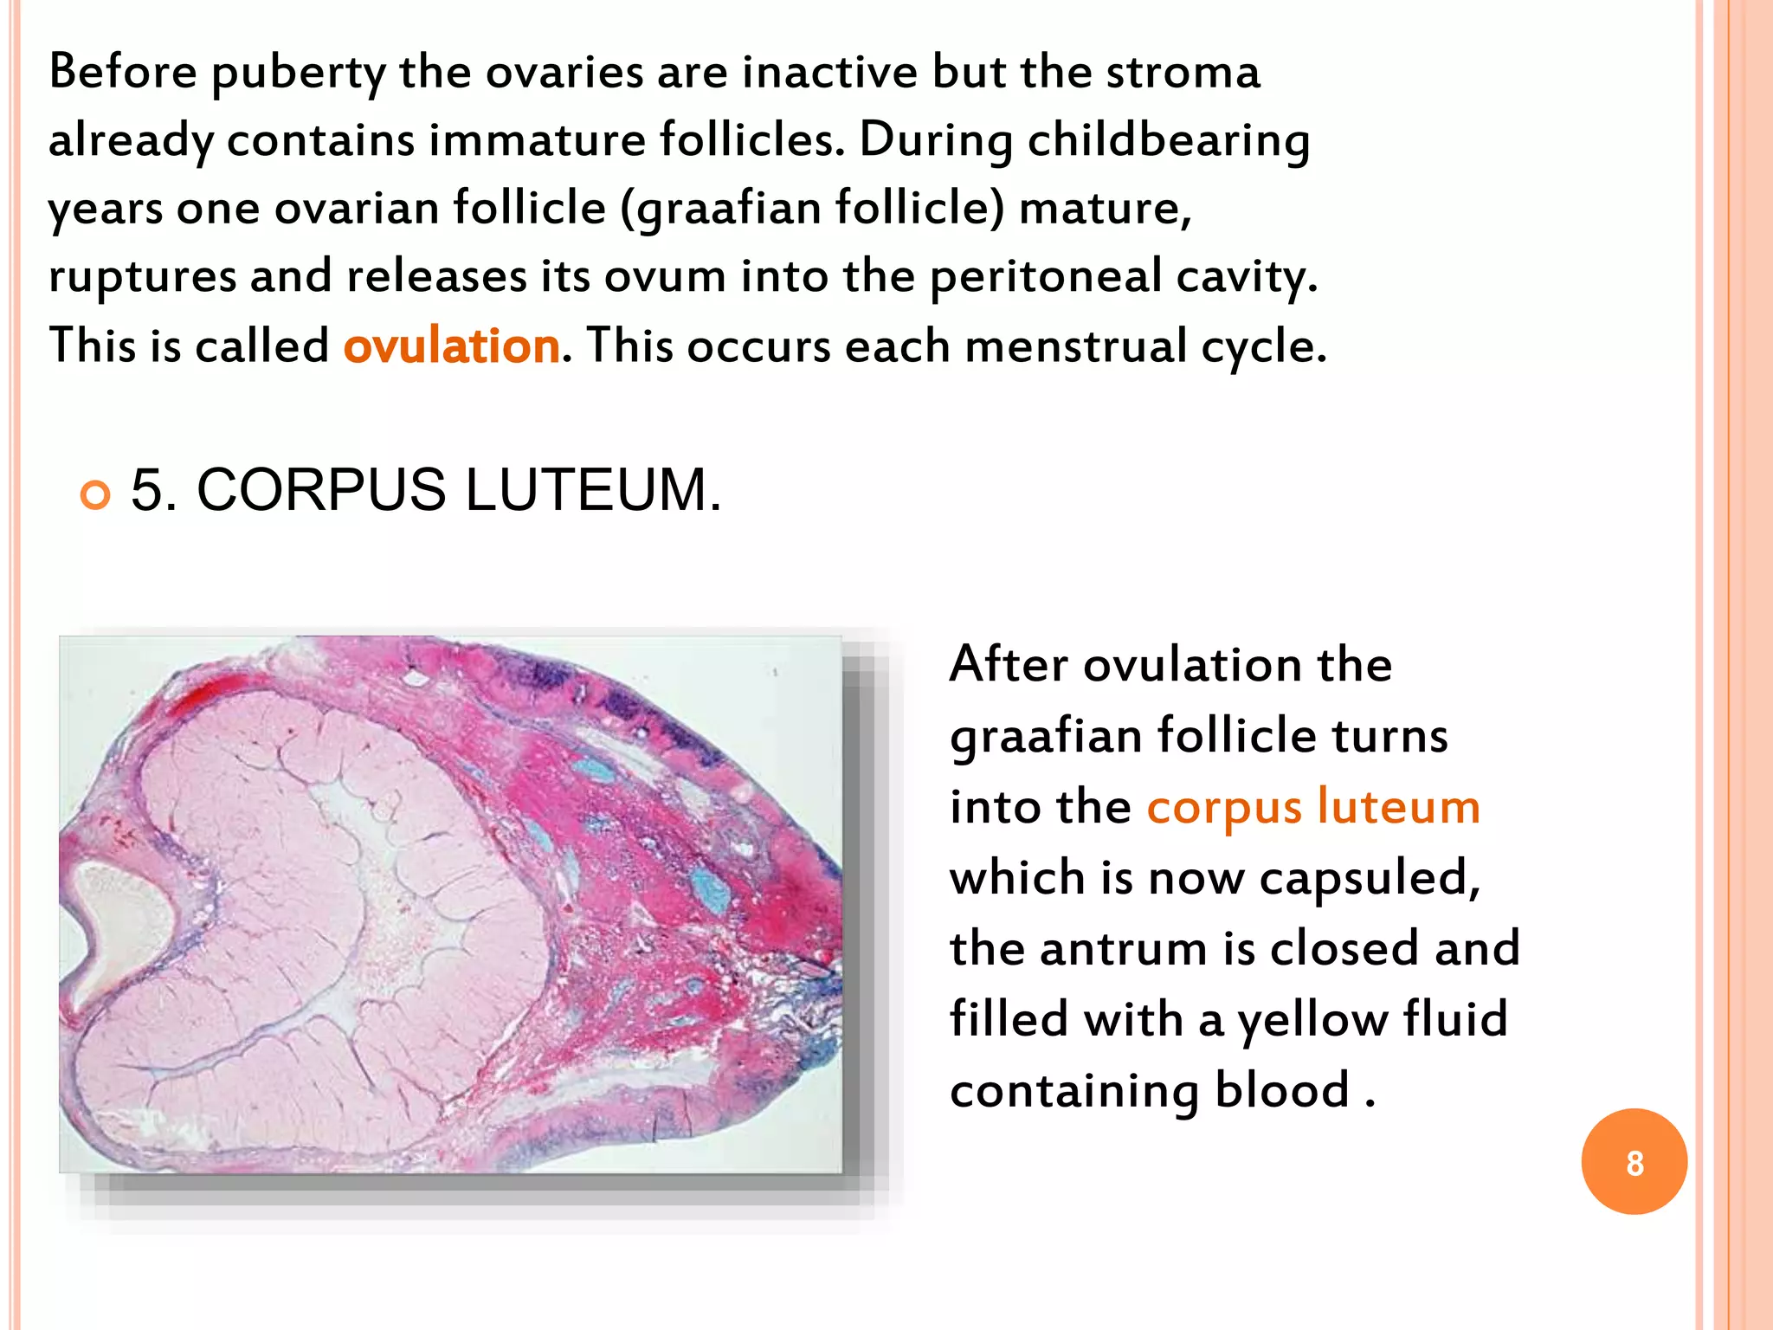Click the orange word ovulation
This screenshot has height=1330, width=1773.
[451, 346]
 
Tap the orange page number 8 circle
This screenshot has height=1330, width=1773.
[1634, 1162]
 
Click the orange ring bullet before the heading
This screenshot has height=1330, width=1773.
[95, 494]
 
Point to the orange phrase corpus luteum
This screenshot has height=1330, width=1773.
[1312, 807]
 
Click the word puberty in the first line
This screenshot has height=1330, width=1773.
[298, 73]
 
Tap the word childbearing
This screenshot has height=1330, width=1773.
[1168, 140]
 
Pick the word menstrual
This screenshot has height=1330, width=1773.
[1075, 346]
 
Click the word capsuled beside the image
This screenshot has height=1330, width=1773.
[1370, 878]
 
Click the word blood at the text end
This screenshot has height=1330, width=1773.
[1281, 1090]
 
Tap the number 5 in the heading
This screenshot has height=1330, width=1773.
[149, 490]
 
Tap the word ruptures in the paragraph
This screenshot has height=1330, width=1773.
[142, 277]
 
